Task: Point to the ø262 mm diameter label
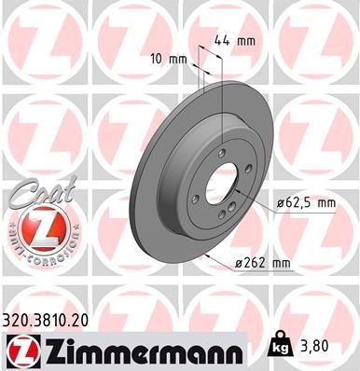262,264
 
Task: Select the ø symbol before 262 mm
239,264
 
